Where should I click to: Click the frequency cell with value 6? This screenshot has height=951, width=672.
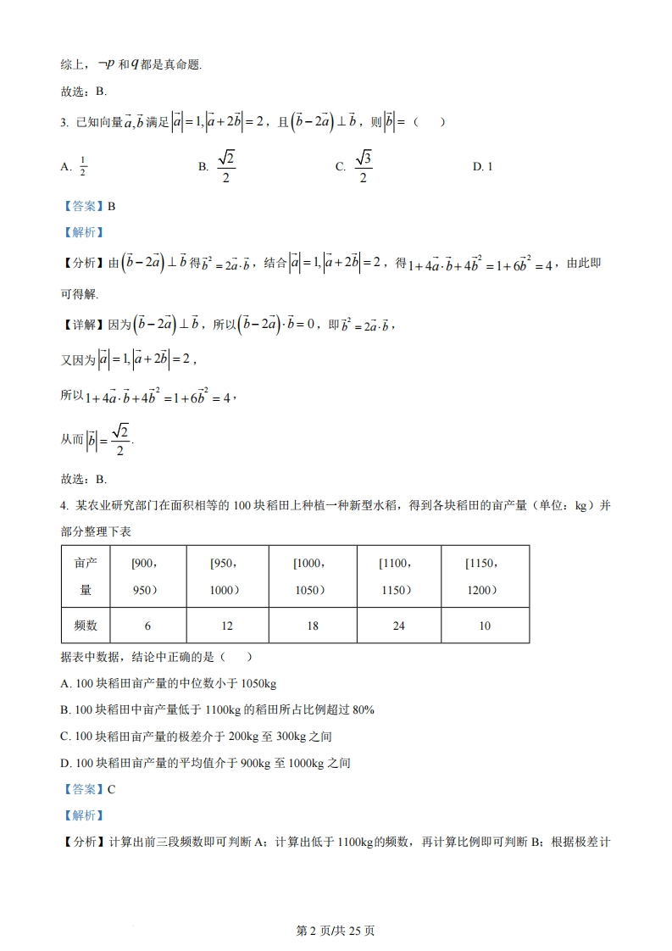[147, 626]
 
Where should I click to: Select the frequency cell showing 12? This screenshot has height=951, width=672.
[226, 626]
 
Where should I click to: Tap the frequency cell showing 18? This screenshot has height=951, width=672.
[313, 626]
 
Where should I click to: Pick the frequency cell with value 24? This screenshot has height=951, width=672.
[399, 626]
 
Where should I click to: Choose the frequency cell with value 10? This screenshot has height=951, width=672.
[485, 626]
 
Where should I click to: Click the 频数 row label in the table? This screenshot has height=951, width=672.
[86, 626]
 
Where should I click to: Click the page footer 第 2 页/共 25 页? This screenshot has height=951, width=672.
[336, 931]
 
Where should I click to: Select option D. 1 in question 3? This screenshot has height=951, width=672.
[482, 167]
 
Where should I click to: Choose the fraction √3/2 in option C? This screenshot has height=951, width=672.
[363, 167]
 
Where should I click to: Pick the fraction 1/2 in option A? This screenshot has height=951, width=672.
[83, 167]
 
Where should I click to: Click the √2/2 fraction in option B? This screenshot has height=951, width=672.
[225, 167]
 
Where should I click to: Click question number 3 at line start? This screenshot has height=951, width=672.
[64, 123]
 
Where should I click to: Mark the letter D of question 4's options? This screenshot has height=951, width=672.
[65, 763]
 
